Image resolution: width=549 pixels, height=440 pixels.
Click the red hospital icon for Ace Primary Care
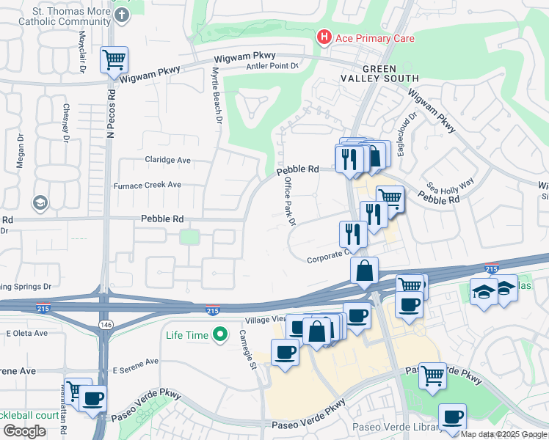(323, 37)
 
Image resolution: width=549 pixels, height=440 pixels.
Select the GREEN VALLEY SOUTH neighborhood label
(379, 78)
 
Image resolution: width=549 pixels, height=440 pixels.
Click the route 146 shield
(106, 324)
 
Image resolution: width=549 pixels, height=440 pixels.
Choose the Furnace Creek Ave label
(147, 185)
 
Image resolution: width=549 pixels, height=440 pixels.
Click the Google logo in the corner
(24, 431)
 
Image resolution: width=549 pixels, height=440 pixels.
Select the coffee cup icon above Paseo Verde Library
(452, 417)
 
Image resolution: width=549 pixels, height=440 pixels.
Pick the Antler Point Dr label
(274, 66)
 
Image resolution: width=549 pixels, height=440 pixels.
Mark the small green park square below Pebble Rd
(189, 237)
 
